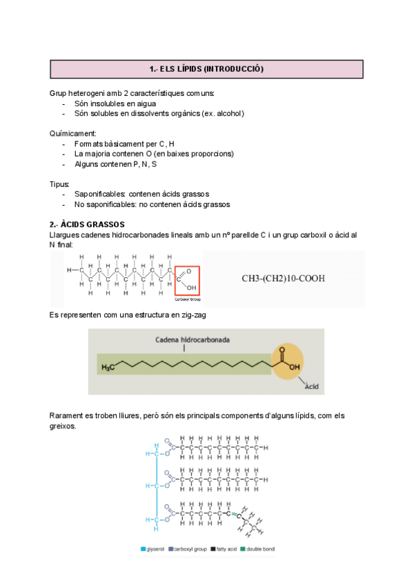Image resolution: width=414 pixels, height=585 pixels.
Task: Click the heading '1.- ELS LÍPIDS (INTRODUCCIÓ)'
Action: [206, 69]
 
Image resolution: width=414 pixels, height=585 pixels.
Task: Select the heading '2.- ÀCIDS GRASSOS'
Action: [87, 225]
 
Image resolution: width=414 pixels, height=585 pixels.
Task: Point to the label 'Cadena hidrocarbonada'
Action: [184, 340]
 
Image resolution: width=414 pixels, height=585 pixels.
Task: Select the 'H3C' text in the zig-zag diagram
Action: [108, 368]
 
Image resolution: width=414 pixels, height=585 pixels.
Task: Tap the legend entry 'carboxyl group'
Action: [190, 550]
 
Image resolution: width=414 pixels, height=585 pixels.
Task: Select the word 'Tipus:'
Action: [60, 184]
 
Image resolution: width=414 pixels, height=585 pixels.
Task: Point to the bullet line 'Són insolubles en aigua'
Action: [110, 103]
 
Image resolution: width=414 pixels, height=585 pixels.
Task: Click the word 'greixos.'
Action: [63, 426]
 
